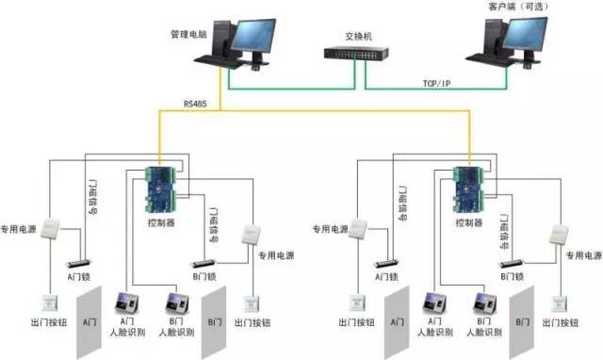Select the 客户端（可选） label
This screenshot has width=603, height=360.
[x=516, y=7]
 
